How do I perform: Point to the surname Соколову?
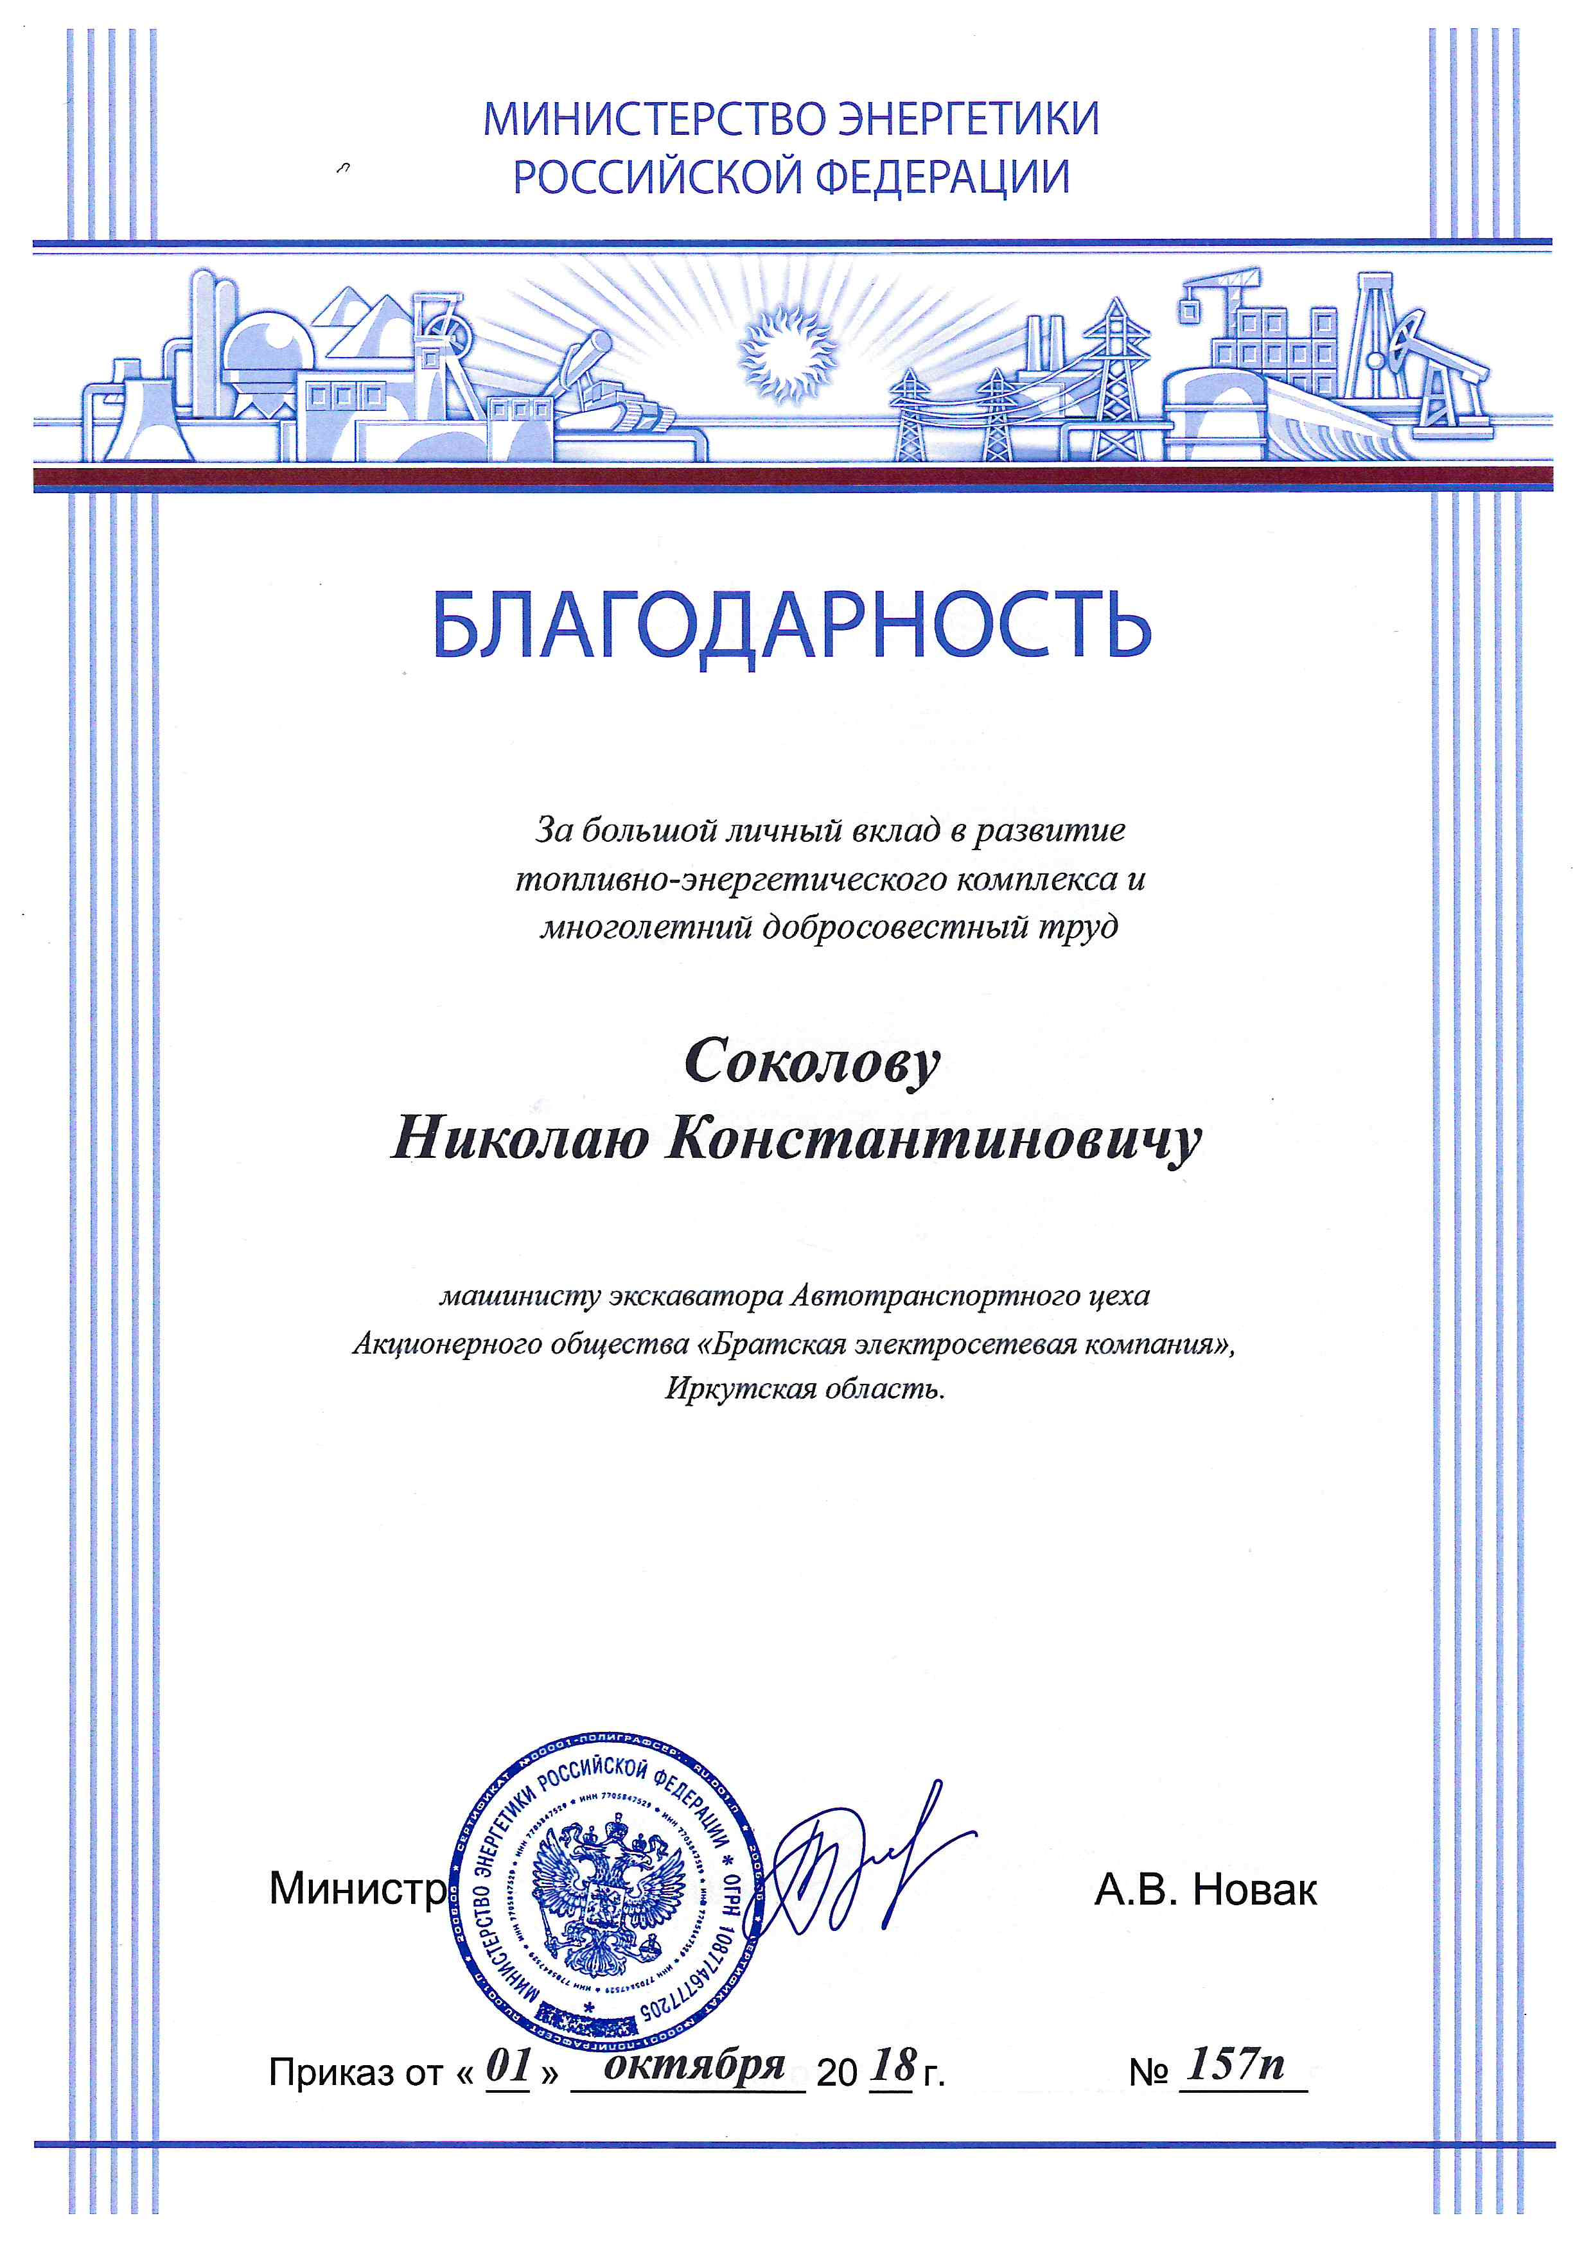click(812, 1064)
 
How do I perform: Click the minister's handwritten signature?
click(854, 1862)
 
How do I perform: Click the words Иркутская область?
click(804, 1389)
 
